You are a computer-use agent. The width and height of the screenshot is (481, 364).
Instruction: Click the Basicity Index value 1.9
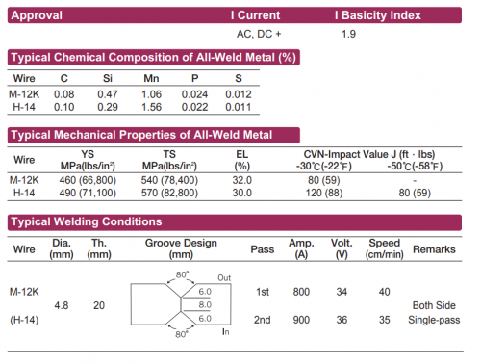click(348, 34)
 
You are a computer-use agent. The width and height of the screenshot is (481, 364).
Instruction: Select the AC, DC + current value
click(259, 34)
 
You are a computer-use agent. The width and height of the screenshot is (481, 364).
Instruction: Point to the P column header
click(196, 79)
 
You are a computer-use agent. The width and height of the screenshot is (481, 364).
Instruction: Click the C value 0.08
click(63, 93)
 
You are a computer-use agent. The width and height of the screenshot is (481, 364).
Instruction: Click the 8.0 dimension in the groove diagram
click(204, 304)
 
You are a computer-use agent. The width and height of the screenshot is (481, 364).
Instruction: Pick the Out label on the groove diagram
click(224, 277)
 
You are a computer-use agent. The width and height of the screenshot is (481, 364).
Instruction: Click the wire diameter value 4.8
click(62, 304)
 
